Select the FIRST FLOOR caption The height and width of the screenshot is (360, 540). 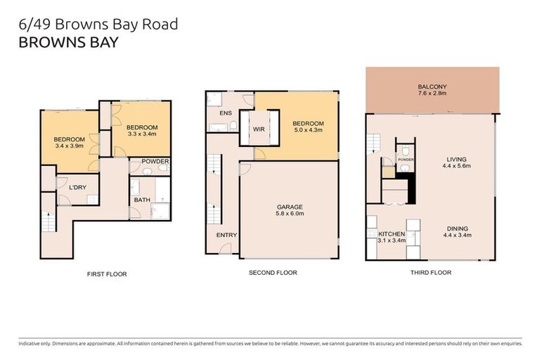pyautogui.click(x=106, y=274)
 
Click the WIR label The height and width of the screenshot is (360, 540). pyautogui.click(x=259, y=129)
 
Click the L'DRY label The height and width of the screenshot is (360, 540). pyautogui.click(x=77, y=186)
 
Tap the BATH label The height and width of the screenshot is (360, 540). pyautogui.click(x=142, y=200)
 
